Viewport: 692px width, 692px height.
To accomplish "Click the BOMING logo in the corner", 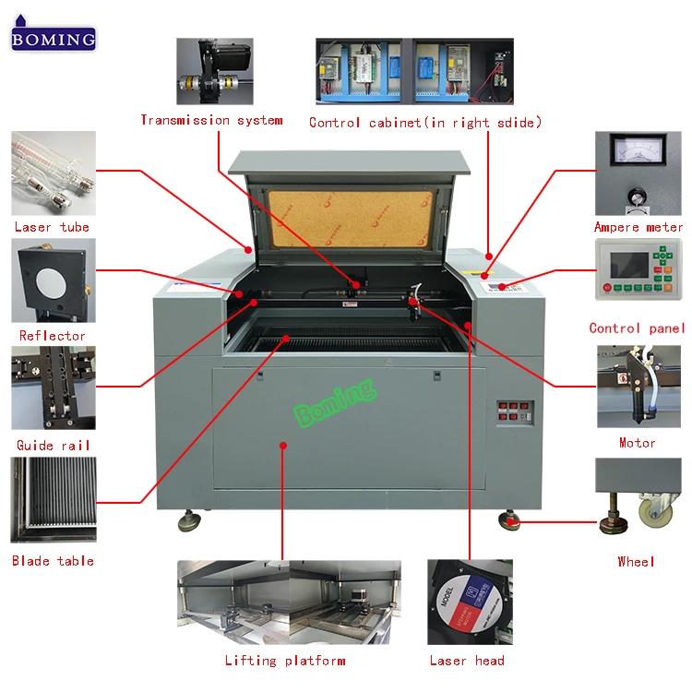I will tap(54, 38).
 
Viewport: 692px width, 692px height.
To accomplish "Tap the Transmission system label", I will tap(211, 120).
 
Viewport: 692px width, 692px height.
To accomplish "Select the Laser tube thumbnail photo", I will tap(54, 173).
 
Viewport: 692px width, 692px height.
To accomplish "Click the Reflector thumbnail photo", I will tap(53, 280).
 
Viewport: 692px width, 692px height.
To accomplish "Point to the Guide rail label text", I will tap(54, 446).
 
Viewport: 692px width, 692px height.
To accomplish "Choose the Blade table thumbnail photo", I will tap(53, 500).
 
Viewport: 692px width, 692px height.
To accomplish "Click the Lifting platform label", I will tap(285, 661).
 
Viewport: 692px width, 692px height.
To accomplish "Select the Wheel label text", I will tap(636, 561).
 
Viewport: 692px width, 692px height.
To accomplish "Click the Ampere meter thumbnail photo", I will tap(638, 173).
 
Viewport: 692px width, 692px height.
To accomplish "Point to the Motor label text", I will tap(638, 443).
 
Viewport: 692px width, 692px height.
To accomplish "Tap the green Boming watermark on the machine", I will tap(336, 403).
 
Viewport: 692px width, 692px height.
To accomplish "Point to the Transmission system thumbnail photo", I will tap(215, 71).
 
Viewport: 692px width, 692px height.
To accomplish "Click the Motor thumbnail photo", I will tap(638, 387).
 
